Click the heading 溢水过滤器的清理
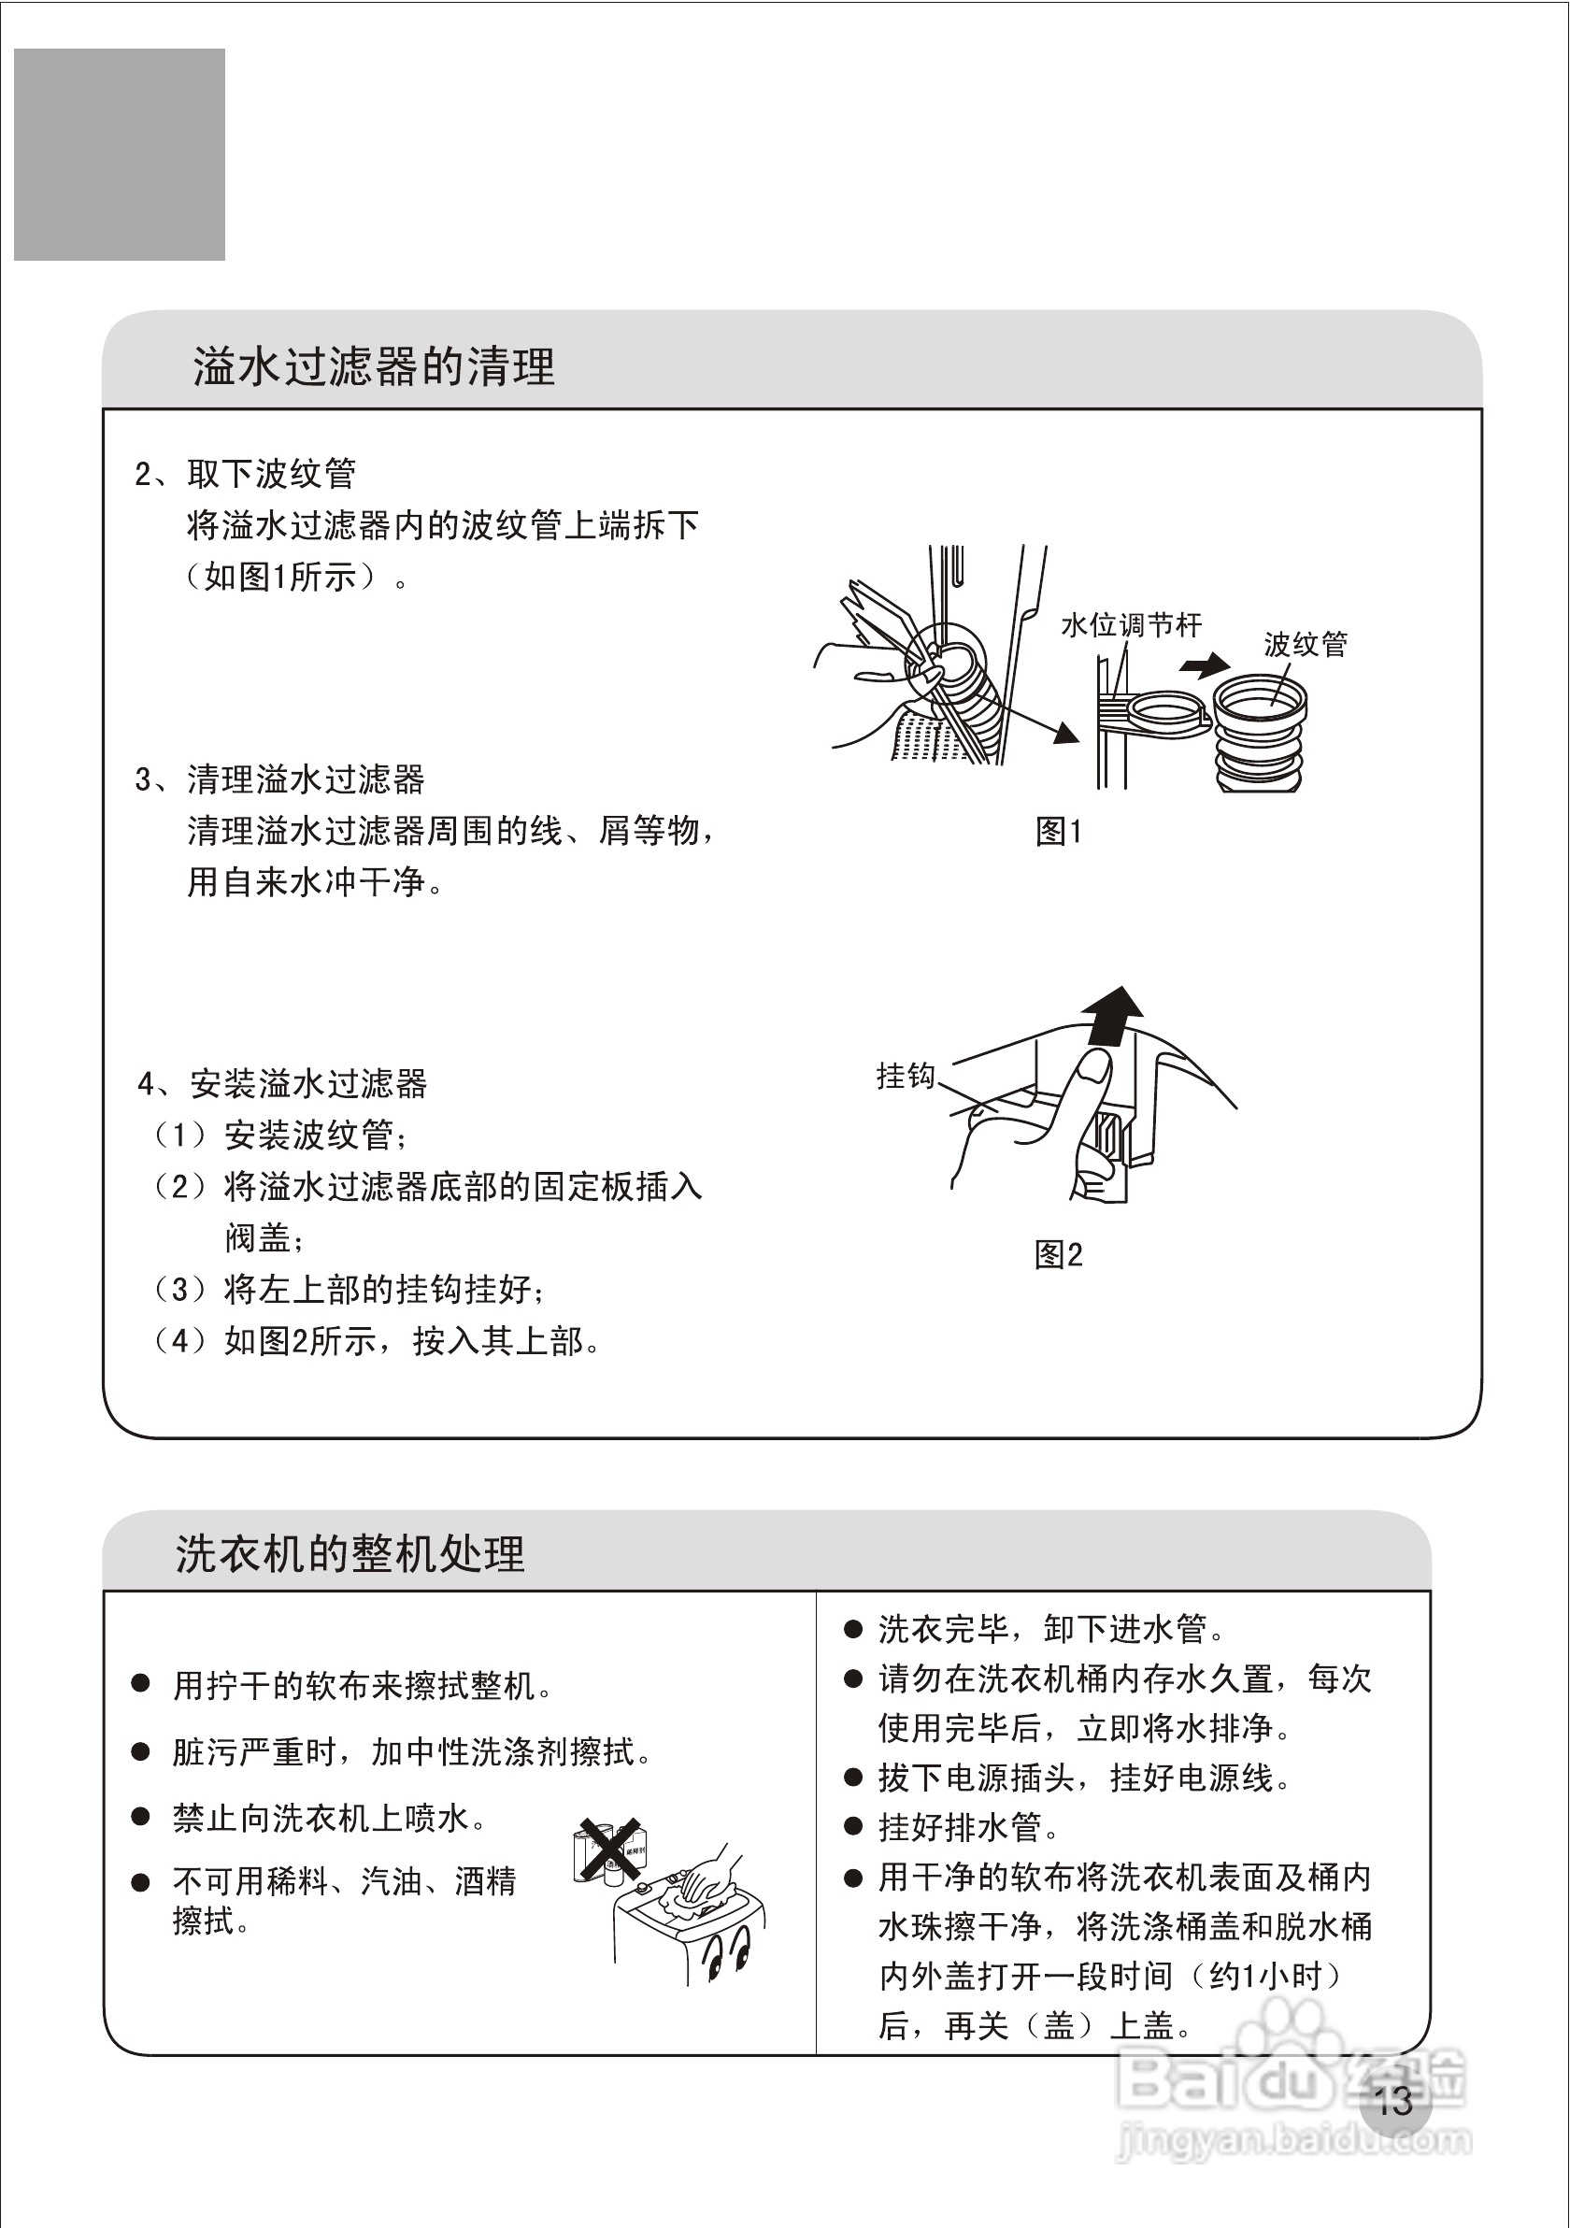(x=374, y=366)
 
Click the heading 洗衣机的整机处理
(x=350, y=1553)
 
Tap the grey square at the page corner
(x=120, y=154)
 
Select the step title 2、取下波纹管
(x=246, y=474)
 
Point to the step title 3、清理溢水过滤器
(x=279, y=778)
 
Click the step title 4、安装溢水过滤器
(x=282, y=1083)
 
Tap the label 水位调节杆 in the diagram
(x=1132, y=625)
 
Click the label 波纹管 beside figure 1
(x=1306, y=644)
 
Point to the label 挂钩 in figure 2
(x=906, y=1075)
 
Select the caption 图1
(x=1059, y=831)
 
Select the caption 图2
(x=1059, y=1255)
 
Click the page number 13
(x=1393, y=2102)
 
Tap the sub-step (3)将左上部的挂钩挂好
(x=350, y=1289)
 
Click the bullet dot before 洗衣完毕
(x=853, y=1629)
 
